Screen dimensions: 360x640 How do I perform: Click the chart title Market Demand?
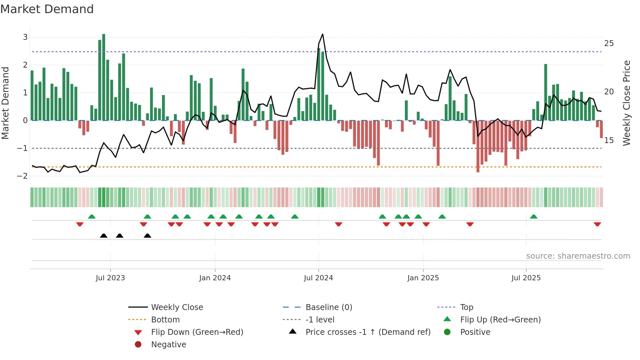pyautogui.click(x=47, y=9)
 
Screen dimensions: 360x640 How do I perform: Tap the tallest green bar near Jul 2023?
pyautogui.click(x=104, y=77)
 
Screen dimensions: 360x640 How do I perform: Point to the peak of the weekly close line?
pyautogui.click(x=323, y=34)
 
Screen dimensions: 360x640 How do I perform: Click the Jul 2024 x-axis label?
pyautogui.click(x=318, y=278)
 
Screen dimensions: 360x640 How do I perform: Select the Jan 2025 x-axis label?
pyautogui.click(x=423, y=278)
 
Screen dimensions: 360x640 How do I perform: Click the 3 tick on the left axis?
pyautogui.click(x=25, y=37)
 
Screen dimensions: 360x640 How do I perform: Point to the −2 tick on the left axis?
pyautogui.click(x=23, y=176)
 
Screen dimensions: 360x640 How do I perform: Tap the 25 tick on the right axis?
pyautogui.click(x=609, y=43)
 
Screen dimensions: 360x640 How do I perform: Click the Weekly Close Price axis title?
pyautogui.click(x=626, y=103)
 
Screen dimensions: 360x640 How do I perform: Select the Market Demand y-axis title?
pyautogui.click(x=6, y=103)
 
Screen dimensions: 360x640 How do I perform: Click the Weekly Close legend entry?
pyautogui.click(x=177, y=307)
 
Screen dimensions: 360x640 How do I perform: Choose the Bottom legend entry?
pyautogui.click(x=165, y=320)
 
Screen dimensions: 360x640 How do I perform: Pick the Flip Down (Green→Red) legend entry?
pyautogui.click(x=197, y=332)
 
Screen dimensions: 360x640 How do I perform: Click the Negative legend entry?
pyautogui.click(x=168, y=345)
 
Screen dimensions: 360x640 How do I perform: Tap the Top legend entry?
pyautogui.click(x=467, y=307)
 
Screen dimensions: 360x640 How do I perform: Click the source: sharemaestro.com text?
pyautogui.click(x=578, y=256)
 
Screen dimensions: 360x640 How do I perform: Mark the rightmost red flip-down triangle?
pyautogui.click(x=597, y=224)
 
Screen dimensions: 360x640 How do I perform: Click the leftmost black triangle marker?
pyautogui.click(x=104, y=236)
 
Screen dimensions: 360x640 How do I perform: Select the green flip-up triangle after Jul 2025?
pyautogui.click(x=534, y=217)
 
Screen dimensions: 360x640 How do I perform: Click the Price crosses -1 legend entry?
pyautogui.click(x=368, y=332)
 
